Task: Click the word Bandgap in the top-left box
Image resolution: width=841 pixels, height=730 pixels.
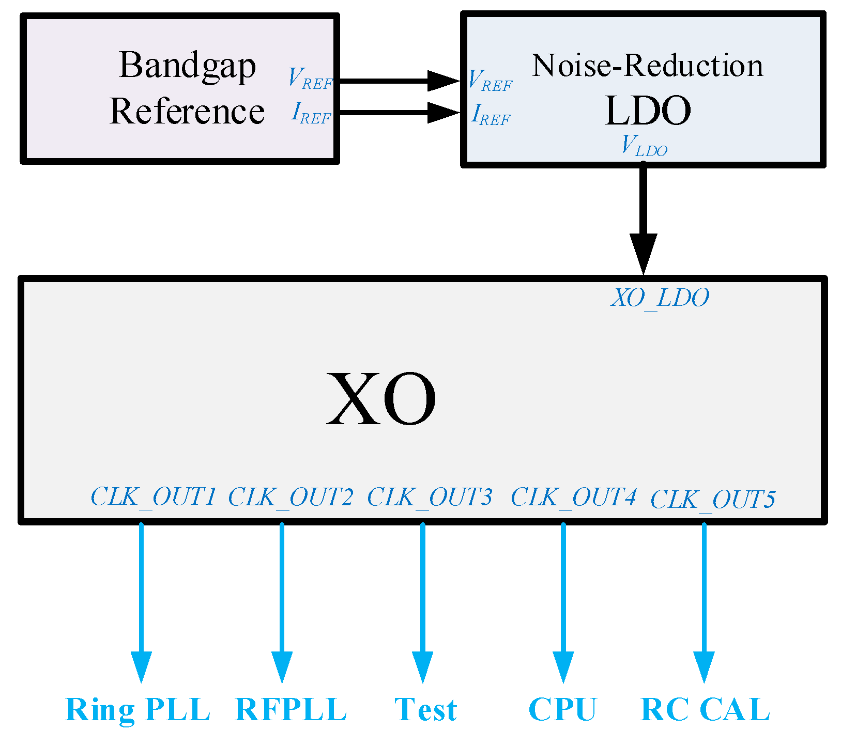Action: coord(187,66)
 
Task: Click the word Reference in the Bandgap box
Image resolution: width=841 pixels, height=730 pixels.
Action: coord(187,112)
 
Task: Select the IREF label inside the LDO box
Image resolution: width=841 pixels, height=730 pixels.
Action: coord(491,115)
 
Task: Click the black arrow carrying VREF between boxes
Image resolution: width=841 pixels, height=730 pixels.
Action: coord(398,81)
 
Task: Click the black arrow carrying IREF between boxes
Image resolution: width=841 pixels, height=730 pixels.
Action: coord(398,112)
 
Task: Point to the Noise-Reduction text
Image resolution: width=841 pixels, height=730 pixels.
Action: coord(647,66)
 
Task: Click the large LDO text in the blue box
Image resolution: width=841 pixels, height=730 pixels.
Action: coord(647,111)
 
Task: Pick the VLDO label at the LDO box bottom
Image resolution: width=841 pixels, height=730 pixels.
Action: coord(644,146)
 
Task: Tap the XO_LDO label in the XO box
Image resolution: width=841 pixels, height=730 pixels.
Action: coord(660,298)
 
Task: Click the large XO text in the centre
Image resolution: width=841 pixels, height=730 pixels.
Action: coord(381,399)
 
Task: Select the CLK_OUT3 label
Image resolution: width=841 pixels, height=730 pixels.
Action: coord(430,497)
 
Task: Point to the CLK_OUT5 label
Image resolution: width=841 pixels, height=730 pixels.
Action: coord(713,499)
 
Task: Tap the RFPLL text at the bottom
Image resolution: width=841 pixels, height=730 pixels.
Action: coord(290,709)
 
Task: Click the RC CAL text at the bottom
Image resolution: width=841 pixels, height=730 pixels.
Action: coord(705,709)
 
